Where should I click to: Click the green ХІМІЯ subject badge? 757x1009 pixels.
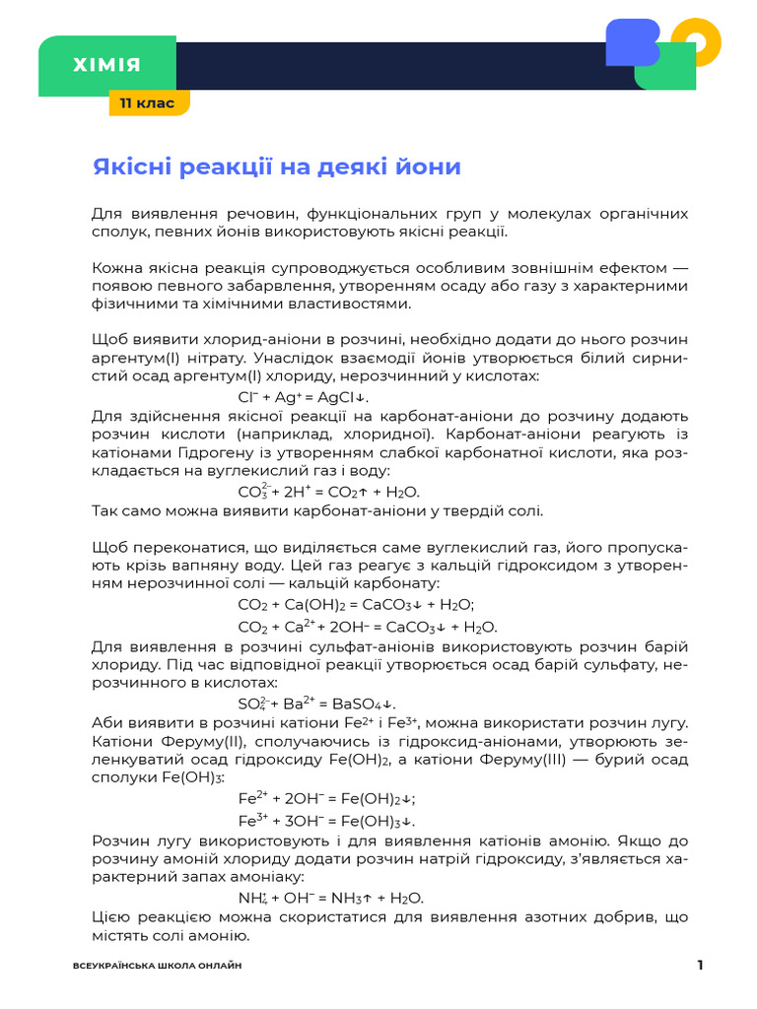click(x=106, y=66)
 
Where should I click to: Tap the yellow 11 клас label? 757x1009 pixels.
click(x=148, y=102)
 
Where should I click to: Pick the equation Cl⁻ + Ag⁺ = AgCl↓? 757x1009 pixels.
click(x=303, y=396)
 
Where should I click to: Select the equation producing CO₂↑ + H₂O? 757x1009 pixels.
click(x=329, y=491)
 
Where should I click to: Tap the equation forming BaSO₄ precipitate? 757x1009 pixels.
click(x=316, y=704)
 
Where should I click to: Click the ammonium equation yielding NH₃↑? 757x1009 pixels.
click(x=330, y=898)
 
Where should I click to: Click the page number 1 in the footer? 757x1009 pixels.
click(x=700, y=965)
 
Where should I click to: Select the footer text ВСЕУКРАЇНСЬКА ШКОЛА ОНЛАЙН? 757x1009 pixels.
click(x=158, y=966)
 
